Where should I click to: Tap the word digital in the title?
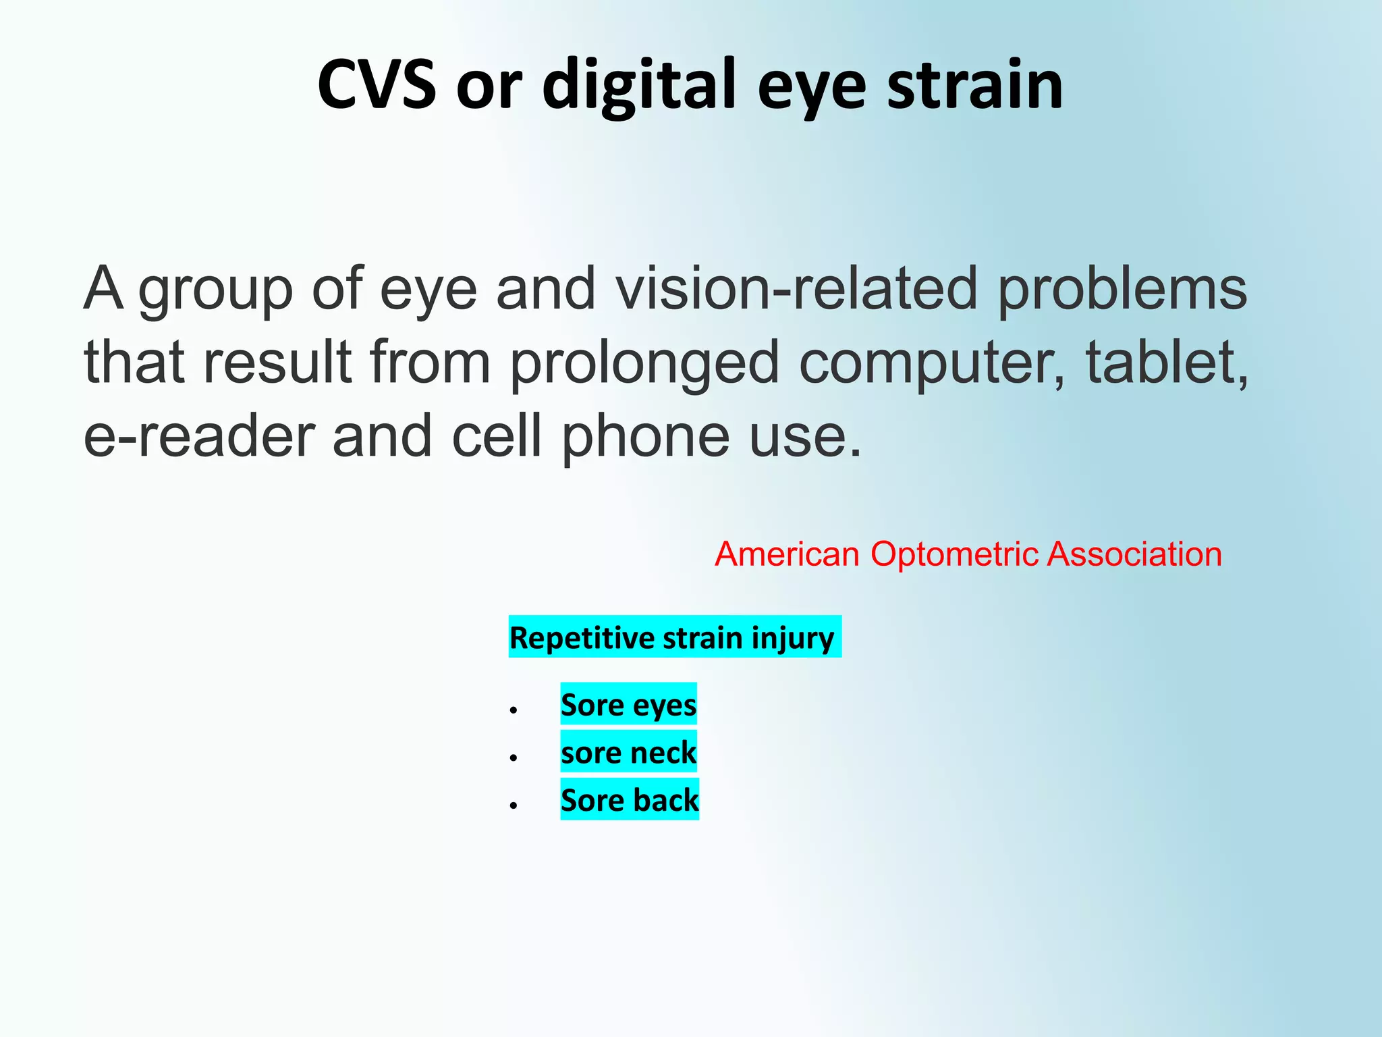(x=638, y=84)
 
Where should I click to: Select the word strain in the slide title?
(x=974, y=84)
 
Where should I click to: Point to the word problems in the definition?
(x=1122, y=289)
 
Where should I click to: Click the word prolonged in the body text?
(x=644, y=363)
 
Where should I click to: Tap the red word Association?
(x=1134, y=554)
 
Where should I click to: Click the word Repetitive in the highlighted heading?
(x=582, y=637)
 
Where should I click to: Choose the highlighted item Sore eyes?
(x=628, y=704)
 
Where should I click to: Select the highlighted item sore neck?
(x=628, y=752)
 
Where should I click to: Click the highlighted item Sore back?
(x=630, y=800)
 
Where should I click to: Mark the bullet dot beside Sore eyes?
(x=514, y=710)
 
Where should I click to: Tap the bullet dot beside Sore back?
(x=514, y=805)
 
